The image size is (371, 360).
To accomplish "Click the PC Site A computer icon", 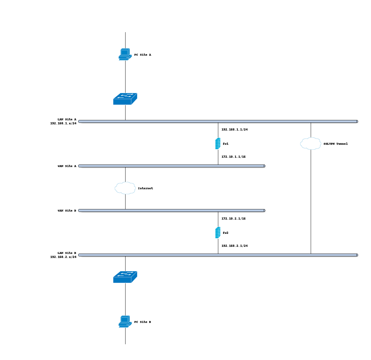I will (125, 54).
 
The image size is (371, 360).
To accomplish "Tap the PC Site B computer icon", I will (125, 322).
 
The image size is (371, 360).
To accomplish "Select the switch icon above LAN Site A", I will (125, 99).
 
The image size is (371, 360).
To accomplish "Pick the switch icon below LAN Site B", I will (125, 277).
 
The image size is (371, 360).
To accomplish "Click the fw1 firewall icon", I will (218, 144).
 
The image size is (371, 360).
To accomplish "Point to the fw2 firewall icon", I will (218, 233).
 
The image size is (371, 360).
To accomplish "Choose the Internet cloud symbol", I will (125, 188).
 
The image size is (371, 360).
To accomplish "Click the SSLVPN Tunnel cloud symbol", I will (311, 144).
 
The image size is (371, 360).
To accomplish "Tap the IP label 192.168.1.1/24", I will (234, 130).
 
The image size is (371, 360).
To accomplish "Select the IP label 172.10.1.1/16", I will (233, 157).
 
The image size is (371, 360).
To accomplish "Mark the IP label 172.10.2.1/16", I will (233, 219).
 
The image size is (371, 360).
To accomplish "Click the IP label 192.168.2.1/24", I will (234, 246).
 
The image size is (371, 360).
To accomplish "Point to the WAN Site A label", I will (67, 166).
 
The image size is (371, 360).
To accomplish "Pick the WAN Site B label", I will (67, 211).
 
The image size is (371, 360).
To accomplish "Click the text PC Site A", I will (143, 55).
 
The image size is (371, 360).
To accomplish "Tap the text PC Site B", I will (143, 322).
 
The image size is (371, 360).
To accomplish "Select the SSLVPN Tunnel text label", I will (335, 144).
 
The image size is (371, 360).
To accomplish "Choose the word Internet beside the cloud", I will (145, 188).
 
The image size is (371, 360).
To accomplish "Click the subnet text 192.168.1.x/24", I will (63, 123).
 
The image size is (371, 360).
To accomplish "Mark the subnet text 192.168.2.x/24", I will (63, 257).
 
